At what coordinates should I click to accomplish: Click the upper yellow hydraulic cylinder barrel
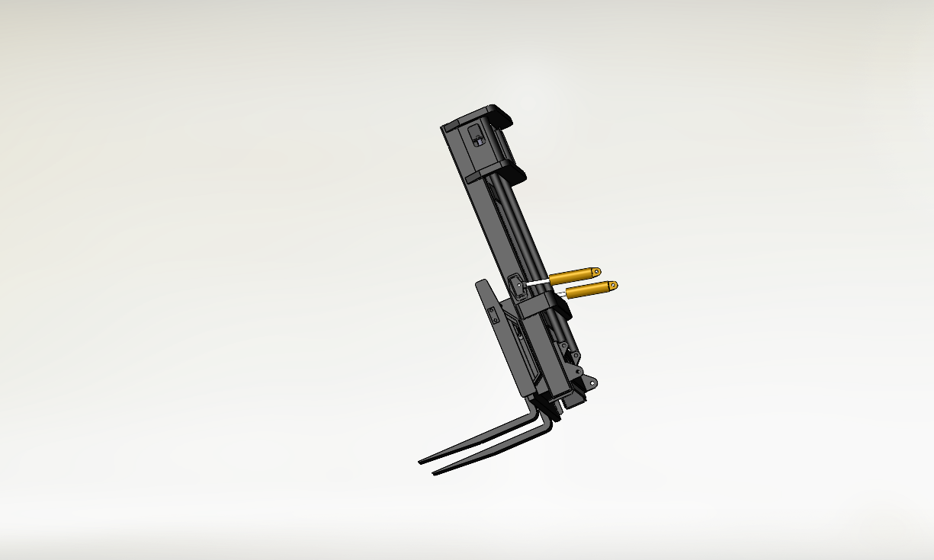pyautogui.click(x=573, y=275)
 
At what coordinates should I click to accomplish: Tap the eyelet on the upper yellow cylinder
pyautogui.click(x=596, y=271)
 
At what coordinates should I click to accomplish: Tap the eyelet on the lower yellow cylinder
pyautogui.click(x=612, y=286)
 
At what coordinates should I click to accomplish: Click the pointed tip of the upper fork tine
pyautogui.click(x=421, y=462)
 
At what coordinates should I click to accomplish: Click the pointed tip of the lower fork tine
pyautogui.click(x=435, y=473)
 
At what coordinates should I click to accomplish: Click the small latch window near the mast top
pyautogui.click(x=477, y=137)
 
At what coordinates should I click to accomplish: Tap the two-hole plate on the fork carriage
pyautogui.click(x=493, y=315)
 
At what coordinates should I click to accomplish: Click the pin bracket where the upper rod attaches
pyautogui.click(x=517, y=286)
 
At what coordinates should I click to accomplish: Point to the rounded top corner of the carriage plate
pyautogui.click(x=480, y=283)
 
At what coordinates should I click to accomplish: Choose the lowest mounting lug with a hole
pyautogui.click(x=592, y=383)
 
